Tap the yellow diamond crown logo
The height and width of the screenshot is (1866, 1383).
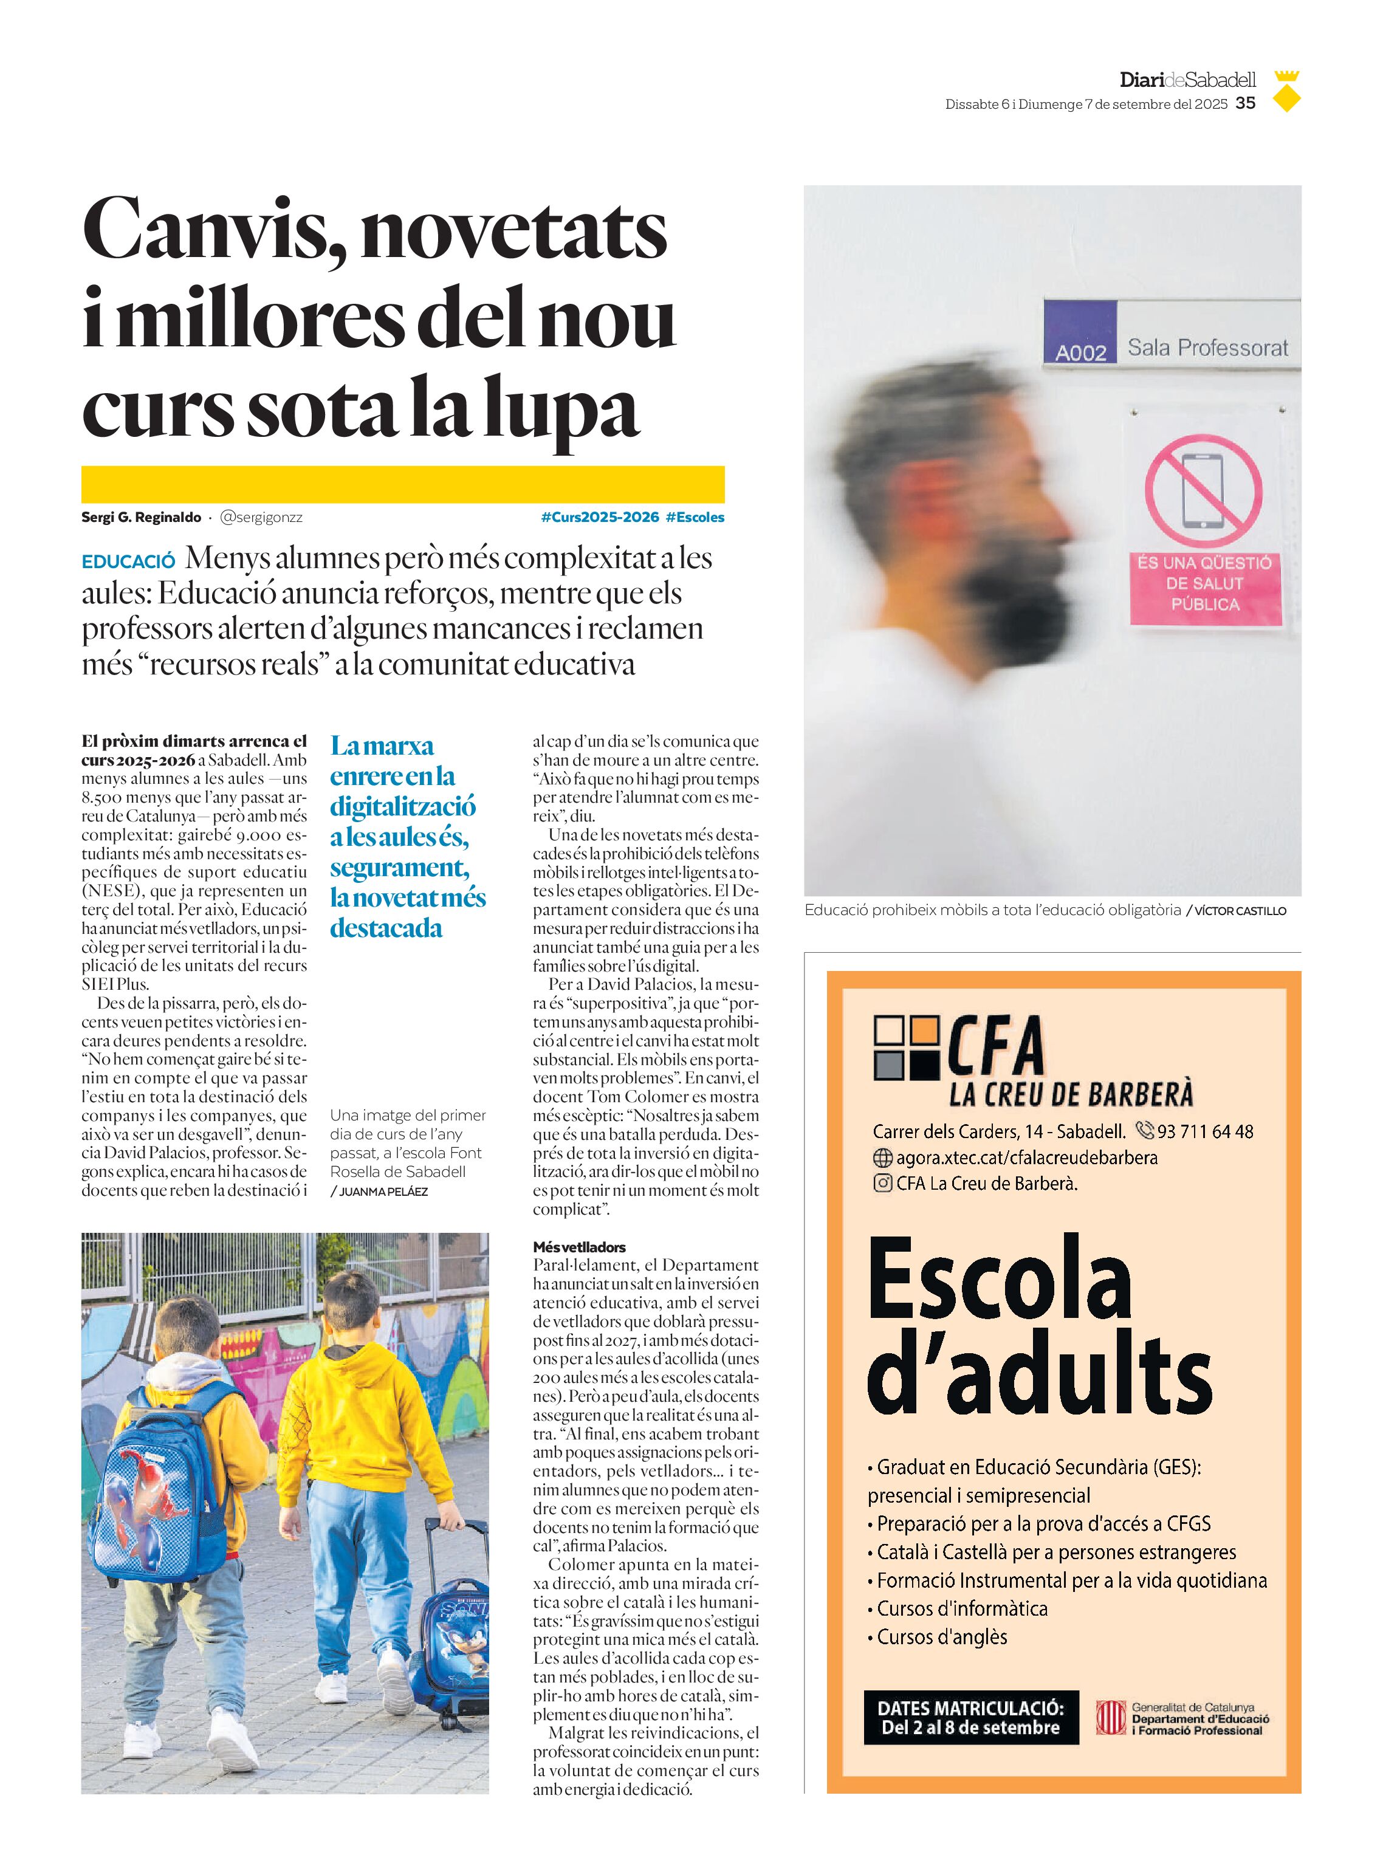click(1287, 93)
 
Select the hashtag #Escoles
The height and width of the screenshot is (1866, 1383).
click(695, 517)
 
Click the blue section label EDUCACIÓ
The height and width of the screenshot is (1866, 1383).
click(128, 561)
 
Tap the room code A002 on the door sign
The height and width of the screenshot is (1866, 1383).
click(1080, 352)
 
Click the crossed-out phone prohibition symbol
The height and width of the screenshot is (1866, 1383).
click(1203, 492)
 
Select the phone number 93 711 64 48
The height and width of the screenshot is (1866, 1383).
click(1205, 1132)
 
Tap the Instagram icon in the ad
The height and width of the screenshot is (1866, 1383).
click(882, 1184)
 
